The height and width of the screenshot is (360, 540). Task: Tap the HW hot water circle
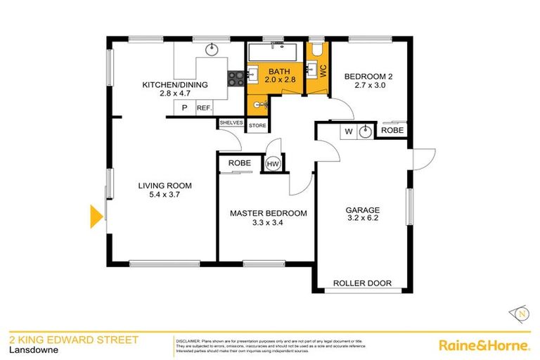(x=272, y=164)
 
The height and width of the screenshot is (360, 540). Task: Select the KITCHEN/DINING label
(x=175, y=85)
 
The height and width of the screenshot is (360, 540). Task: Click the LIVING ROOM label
(x=165, y=186)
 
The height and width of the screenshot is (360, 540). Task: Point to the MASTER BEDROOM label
(x=269, y=213)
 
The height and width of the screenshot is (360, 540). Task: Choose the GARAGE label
(x=362, y=210)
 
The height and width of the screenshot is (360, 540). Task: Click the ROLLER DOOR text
(x=362, y=283)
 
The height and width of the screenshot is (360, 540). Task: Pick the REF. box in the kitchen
(x=204, y=108)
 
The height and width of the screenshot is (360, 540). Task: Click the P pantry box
(x=184, y=108)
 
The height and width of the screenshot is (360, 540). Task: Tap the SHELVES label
(x=231, y=122)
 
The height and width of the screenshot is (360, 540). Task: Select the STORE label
(x=257, y=127)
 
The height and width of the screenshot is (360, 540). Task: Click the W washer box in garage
(x=348, y=131)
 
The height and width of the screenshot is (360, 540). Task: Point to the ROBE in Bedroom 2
(x=392, y=131)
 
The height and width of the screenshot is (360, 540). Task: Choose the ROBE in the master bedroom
(x=238, y=163)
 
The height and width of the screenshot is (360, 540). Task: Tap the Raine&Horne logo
(x=484, y=345)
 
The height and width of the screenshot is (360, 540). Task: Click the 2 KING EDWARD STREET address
(x=73, y=340)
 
